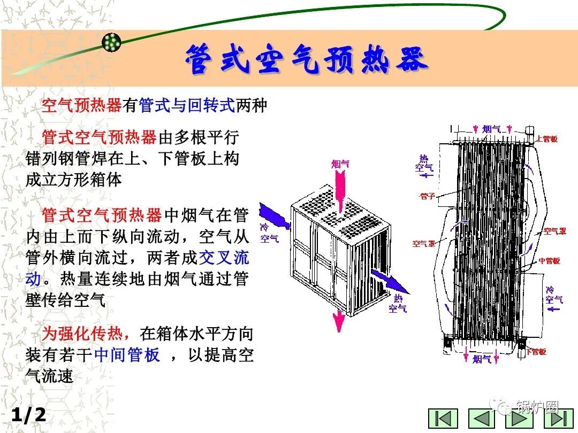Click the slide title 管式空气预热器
point(307,60)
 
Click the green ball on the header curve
point(111,42)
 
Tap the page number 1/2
point(29,415)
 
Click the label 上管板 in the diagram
point(546,139)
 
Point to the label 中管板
point(549,261)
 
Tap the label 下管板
point(536,352)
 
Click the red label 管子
point(428,196)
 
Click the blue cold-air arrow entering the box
point(275,219)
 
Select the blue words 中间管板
point(127,355)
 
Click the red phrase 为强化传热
point(86,334)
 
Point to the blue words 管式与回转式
point(187,105)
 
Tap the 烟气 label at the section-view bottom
point(482,359)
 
